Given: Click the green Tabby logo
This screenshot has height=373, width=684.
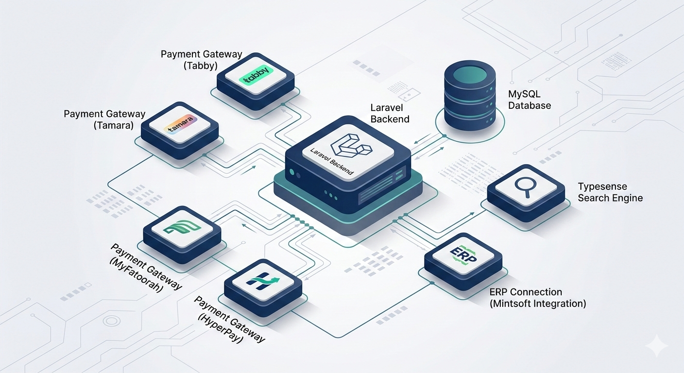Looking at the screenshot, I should point(257,78).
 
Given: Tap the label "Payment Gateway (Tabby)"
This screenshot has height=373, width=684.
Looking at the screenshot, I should point(201,60).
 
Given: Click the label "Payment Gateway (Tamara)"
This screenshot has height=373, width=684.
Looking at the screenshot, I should point(104,119).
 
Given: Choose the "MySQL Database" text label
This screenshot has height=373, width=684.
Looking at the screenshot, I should point(529,100).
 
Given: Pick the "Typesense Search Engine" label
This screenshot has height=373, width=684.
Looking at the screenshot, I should point(610,192).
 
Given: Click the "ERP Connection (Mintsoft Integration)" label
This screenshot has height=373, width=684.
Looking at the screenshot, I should point(537,298).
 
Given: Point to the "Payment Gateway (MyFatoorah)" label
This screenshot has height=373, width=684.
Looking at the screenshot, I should point(146,267).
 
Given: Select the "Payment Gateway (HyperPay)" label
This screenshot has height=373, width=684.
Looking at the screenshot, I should point(230,319).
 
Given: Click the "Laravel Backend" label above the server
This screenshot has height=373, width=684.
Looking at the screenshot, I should point(390,113).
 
